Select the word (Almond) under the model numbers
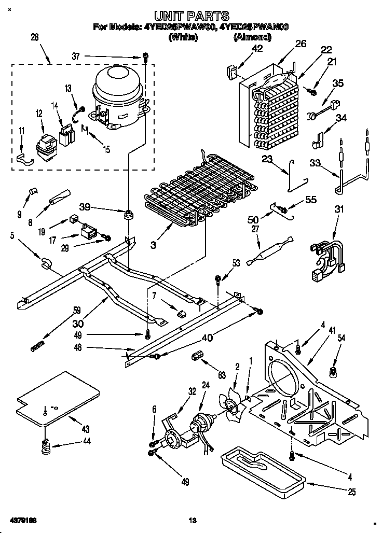click(253, 37)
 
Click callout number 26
click(301, 44)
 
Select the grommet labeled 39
click(127, 213)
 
